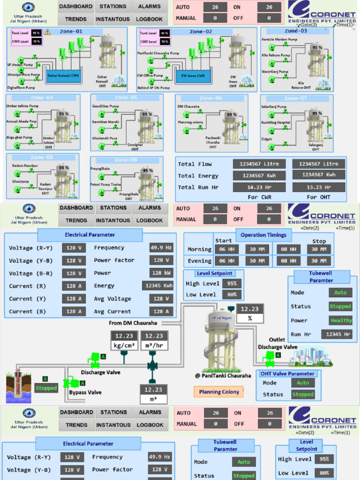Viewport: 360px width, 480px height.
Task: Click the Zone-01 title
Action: click(x=71, y=31)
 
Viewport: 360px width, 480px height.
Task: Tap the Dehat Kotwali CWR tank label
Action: click(x=68, y=75)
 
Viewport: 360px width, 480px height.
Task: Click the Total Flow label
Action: click(x=195, y=164)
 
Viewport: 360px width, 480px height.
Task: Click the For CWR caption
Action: click(x=259, y=197)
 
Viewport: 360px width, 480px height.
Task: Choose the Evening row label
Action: click(x=199, y=261)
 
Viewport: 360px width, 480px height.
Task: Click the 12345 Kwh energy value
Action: click(x=158, y=285)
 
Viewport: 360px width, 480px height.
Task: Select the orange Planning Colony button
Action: click(x=219, y=392)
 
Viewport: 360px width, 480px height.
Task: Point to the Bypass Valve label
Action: click(x=85, y=392)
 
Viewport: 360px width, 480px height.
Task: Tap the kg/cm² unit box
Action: click(x=124, y=346)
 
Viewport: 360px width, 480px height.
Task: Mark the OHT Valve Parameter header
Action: click(x=287, y=374)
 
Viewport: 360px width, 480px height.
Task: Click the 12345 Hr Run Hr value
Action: click(x=337, y=334)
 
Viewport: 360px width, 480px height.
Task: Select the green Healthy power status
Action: click(x=341, y=321)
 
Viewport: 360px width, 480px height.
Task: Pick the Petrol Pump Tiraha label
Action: click(x=105, y=185)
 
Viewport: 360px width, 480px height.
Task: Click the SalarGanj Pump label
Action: click(x=274, y=107)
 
